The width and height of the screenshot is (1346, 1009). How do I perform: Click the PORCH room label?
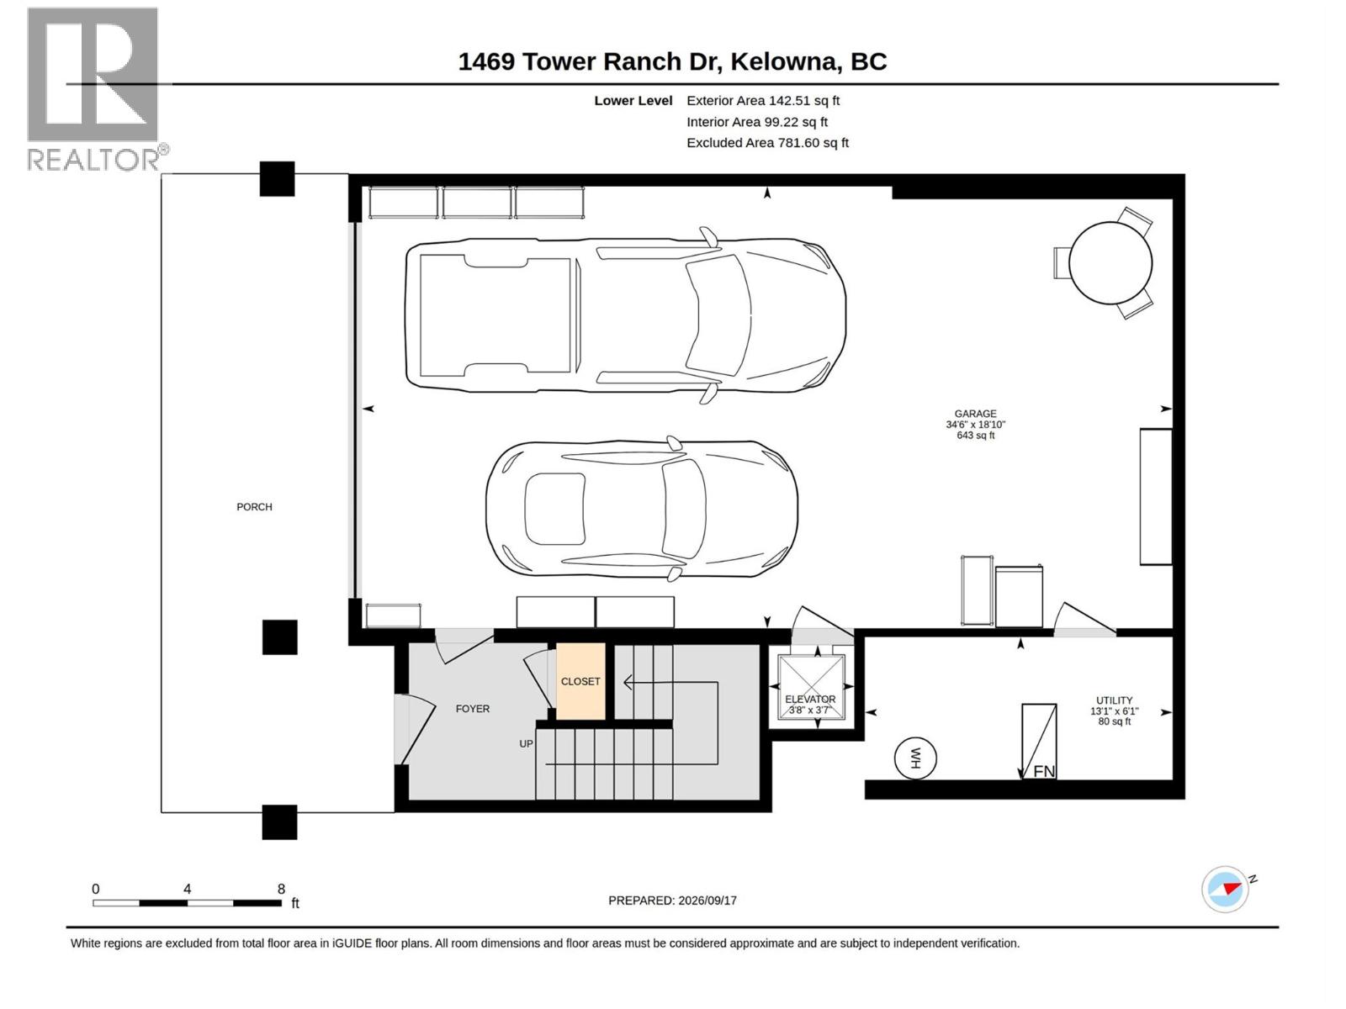click(254, 507)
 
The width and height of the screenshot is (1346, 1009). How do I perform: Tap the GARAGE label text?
click(975, 414)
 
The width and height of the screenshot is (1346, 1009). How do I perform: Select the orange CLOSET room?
click(580, 680)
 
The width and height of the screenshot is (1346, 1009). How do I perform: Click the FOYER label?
click(472, 708)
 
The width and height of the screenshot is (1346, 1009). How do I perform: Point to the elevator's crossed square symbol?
click(811, 687)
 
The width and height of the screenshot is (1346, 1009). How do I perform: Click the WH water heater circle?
click(915, 758)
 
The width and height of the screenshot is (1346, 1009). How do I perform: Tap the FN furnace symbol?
click(1038, 742)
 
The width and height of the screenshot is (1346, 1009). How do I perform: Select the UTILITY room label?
click(1114, 700)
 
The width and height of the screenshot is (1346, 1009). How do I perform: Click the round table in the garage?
click(1110, 263)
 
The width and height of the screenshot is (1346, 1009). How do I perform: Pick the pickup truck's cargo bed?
click(495, 314)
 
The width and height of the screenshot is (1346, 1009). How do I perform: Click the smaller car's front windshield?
click(683, 508)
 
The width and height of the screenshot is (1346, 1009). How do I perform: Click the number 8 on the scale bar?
click(281, 888)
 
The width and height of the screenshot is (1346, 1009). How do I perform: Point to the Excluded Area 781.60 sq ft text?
click(767, 143)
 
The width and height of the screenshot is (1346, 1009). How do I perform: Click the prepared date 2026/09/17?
click(707, 901)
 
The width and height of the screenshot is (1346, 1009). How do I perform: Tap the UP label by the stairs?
click(526, 744)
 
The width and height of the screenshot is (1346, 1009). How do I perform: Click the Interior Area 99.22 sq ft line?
click(756, 122)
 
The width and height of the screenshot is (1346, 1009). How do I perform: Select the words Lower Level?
click(633, 100)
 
